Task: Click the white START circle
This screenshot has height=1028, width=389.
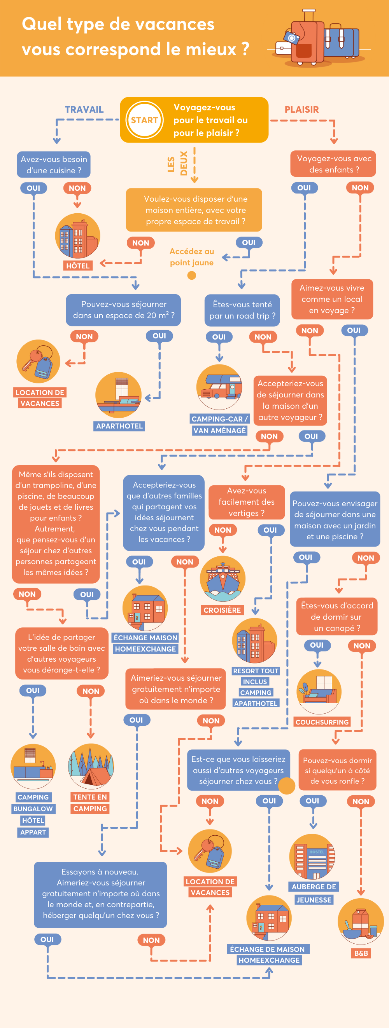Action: (144, 120)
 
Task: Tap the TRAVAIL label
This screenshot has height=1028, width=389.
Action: (84, 109)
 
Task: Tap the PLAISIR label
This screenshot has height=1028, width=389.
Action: (301, 109)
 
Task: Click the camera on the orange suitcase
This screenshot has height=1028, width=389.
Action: (291, 38)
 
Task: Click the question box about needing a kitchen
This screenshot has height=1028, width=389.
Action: (54, 164)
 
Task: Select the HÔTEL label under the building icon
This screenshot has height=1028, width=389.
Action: (78, 266)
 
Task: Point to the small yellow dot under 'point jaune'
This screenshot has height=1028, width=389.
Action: (192, 275)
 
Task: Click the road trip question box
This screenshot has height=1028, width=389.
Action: (242, 310)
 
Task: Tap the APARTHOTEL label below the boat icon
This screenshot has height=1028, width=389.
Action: (119, 426)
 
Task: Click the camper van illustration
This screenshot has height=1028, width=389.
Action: (219, 387)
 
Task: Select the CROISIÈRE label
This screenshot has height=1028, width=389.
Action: (222, 610)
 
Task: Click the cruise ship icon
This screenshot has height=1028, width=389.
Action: (223, 578)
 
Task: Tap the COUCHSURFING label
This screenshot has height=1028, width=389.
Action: (322, 722)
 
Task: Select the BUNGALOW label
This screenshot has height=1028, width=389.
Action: (33, 808)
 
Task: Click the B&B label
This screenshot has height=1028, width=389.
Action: (361, 953)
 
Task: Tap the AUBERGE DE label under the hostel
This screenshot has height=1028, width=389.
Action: (314, 886)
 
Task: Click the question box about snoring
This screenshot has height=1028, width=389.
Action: (337, 770)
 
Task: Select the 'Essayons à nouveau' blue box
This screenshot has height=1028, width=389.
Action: (100, 894)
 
